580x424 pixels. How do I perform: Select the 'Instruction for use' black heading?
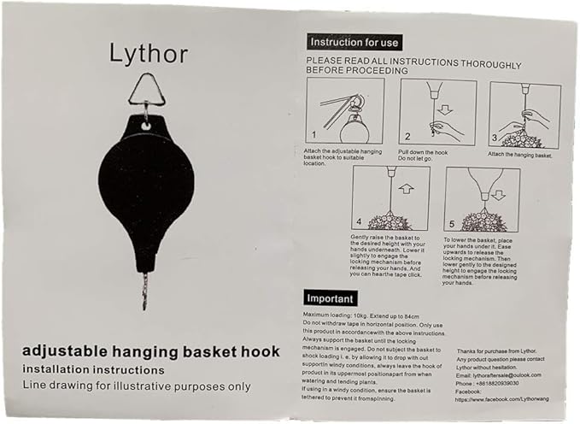coord(353,42)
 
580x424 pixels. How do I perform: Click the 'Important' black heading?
coord(331,298)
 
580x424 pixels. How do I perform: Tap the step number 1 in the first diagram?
coord(313,135)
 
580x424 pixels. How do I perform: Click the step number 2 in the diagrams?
coord(407,136)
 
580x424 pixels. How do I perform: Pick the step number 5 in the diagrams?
coord(453,220)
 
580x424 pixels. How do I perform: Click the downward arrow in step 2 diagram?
coord(442,109)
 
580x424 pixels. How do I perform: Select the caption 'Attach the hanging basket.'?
coord(520,155)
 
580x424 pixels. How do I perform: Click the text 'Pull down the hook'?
coord(424,152)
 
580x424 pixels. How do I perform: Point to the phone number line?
coord(489,384)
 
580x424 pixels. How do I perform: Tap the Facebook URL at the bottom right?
coord(502,399)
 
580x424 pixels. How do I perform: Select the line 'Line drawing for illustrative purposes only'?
coord(137,386)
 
